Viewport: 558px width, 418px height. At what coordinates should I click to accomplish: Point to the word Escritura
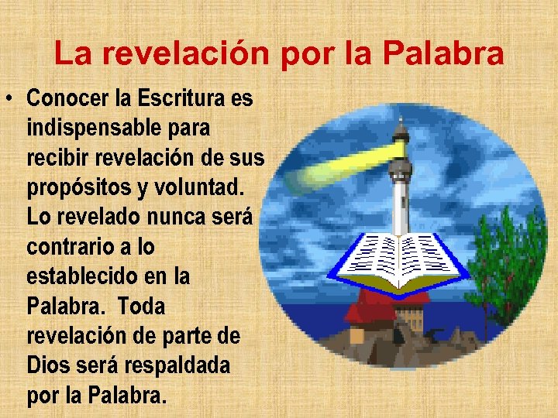pos(183,99)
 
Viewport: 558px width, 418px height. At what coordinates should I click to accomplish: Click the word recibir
pos(57,158)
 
